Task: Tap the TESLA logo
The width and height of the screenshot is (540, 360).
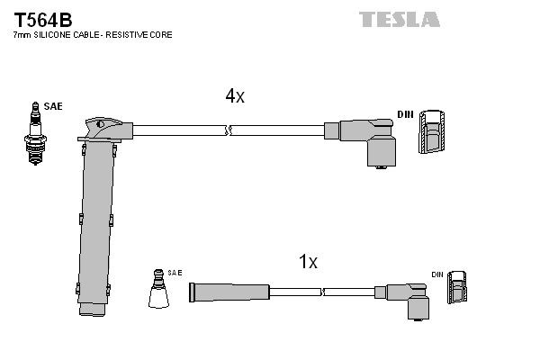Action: [x=399, y=19]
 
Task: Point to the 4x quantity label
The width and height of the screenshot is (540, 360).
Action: [x=234, y=96]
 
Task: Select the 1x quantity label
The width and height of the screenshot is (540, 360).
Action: [x=308, y=262]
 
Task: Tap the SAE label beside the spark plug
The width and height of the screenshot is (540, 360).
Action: [x=54, y=106]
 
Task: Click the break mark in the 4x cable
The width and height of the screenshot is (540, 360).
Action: [x=230, y=131]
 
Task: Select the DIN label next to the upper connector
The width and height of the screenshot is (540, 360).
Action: [x=406, y=114]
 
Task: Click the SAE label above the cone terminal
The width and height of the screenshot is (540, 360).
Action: [x=174, y=272]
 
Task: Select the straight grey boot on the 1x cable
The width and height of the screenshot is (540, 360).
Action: [x=229, y=292]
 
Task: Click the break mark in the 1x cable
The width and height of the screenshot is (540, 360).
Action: [x=321, y=292]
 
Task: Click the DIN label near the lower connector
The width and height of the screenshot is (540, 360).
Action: [x=437, y=274]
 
